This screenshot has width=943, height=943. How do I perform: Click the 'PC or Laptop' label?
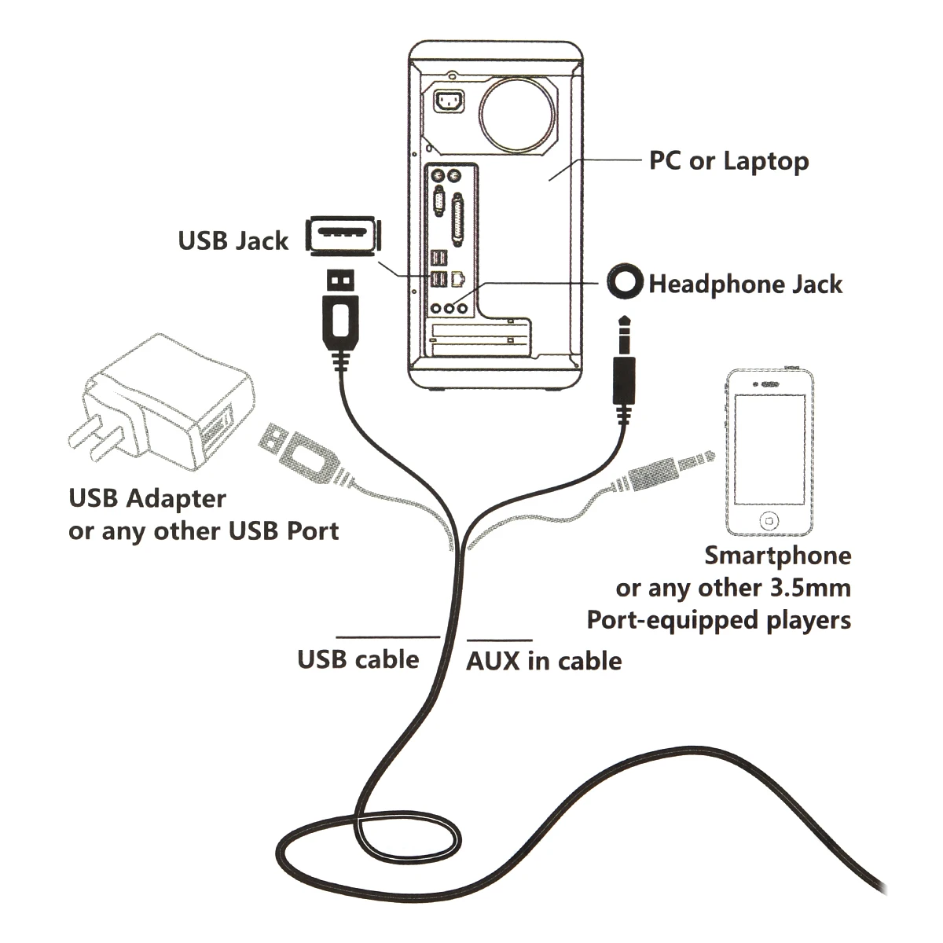728,161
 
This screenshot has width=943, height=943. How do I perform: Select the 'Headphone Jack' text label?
745,284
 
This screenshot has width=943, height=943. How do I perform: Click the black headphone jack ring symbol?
626,281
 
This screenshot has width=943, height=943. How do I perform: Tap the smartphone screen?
769,449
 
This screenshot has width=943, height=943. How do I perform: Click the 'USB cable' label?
358,659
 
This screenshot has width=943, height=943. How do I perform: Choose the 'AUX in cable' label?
544,661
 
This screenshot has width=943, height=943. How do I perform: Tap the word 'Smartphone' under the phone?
777,556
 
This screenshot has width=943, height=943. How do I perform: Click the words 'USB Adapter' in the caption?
147,498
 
